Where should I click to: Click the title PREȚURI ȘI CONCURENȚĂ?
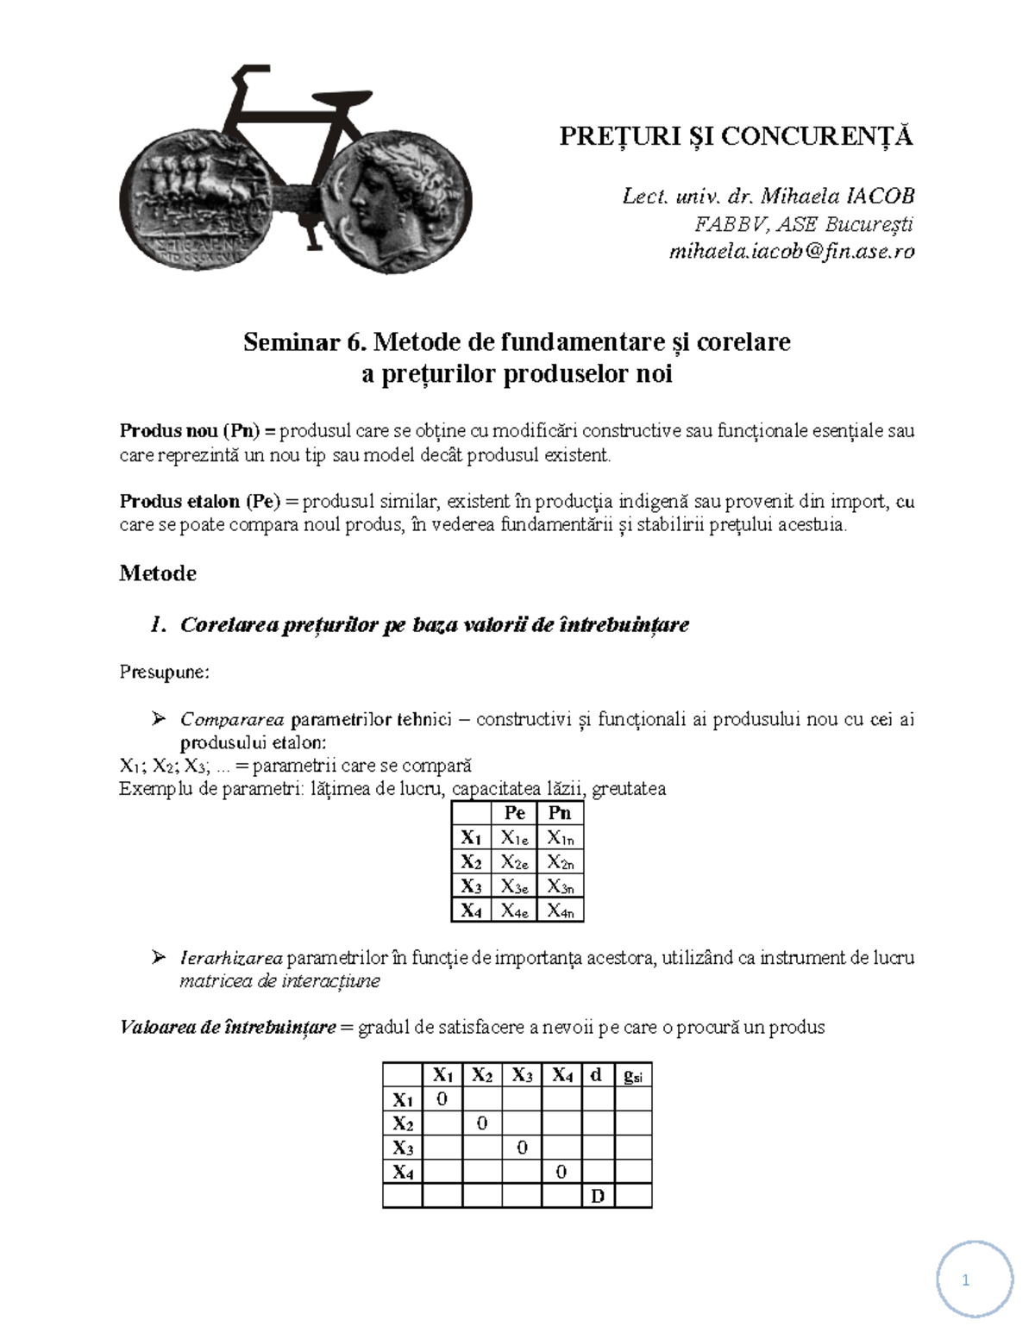coord(736,136)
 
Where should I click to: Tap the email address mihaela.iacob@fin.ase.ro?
coord(792,252)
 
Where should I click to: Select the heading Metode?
coord(158,573)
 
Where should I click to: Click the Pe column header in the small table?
coord(514,813)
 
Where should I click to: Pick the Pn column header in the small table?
coord(560,813)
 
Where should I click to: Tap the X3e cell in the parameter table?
coord(514,886)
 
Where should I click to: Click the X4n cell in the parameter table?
coord(560,910)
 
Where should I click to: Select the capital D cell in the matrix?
coord(598,1196)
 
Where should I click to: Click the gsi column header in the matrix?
coord(632,1075)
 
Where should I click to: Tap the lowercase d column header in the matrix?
coord(597,1075)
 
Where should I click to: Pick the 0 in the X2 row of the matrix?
coord(482,1123)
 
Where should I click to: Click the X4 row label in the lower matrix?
coord(403,1172)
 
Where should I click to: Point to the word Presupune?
coord(164,672)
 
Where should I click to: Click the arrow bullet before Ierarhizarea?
coord(158,957)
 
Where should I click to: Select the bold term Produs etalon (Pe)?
coord(199,502)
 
